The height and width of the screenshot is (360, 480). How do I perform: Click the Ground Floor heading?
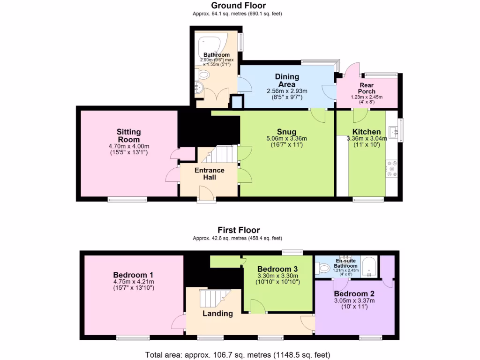pyautogui.click(x=238, y=6)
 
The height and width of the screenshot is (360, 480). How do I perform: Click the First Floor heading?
pyautogui.click(x=238, y=230)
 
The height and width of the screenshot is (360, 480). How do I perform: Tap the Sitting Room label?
pyautogui.click(x=128, y=135)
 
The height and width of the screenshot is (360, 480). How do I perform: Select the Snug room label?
pyautogui.click(x=286, y=132)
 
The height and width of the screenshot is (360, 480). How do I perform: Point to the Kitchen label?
pyautogui.click(x=367, y=132)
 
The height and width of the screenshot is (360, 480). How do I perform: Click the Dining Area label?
pyautogui.click(x=286, y=80)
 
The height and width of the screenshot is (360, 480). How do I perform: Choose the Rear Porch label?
pyautogui.click(x=367, y=88)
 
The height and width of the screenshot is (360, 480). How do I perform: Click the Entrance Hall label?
pyautogui.click(x=210, y=173)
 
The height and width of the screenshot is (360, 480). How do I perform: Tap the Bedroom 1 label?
pyautogui.click(x=133, y=275)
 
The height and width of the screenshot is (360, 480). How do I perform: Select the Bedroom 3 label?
pyautogui.click(x=277, y=269)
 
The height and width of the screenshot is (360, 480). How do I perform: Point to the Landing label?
pyautogui.click(x=217, y=314)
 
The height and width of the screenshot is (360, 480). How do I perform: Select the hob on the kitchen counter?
pyautogui.click(x=391, y=169)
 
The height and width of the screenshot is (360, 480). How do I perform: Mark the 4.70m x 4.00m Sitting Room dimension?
pyautogui.click(x=128, y=146)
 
